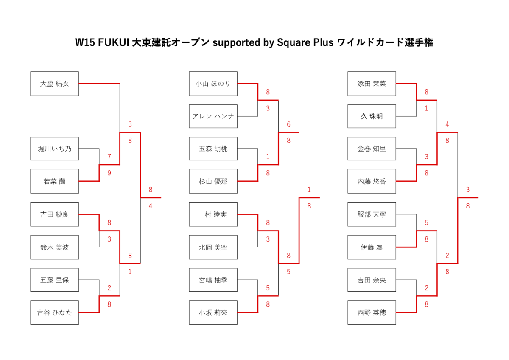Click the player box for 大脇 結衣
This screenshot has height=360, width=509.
(x=54, y=84)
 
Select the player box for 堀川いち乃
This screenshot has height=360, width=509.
(x=54, y=149)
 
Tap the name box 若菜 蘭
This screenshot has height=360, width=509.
(x=54, y=181)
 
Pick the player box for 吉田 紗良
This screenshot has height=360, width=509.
(x=54, y=214)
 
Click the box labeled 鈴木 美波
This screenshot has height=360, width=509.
(x=54, y=247)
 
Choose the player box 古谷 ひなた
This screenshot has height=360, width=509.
(x=54, y=312)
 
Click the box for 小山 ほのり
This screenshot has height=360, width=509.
(x=213, y=84)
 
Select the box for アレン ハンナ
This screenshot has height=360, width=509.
(x=213, y=116)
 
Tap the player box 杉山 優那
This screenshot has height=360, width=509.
(x=213, y=181)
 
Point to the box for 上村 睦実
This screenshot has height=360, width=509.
(x=213, y=214)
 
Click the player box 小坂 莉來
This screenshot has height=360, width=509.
(x=213, y=312)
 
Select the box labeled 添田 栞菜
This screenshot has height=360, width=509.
(x=372, y=84)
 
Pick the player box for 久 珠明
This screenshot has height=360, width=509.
(x=372, y=116)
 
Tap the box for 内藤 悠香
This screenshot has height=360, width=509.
(x=372, y=181)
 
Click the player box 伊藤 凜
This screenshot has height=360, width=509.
(x=372, y=247)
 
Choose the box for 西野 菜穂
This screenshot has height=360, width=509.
(x=372, y=312)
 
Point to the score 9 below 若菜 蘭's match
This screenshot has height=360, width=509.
(x=109, y=173)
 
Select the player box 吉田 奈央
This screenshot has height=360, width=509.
(x=372, y=280)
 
